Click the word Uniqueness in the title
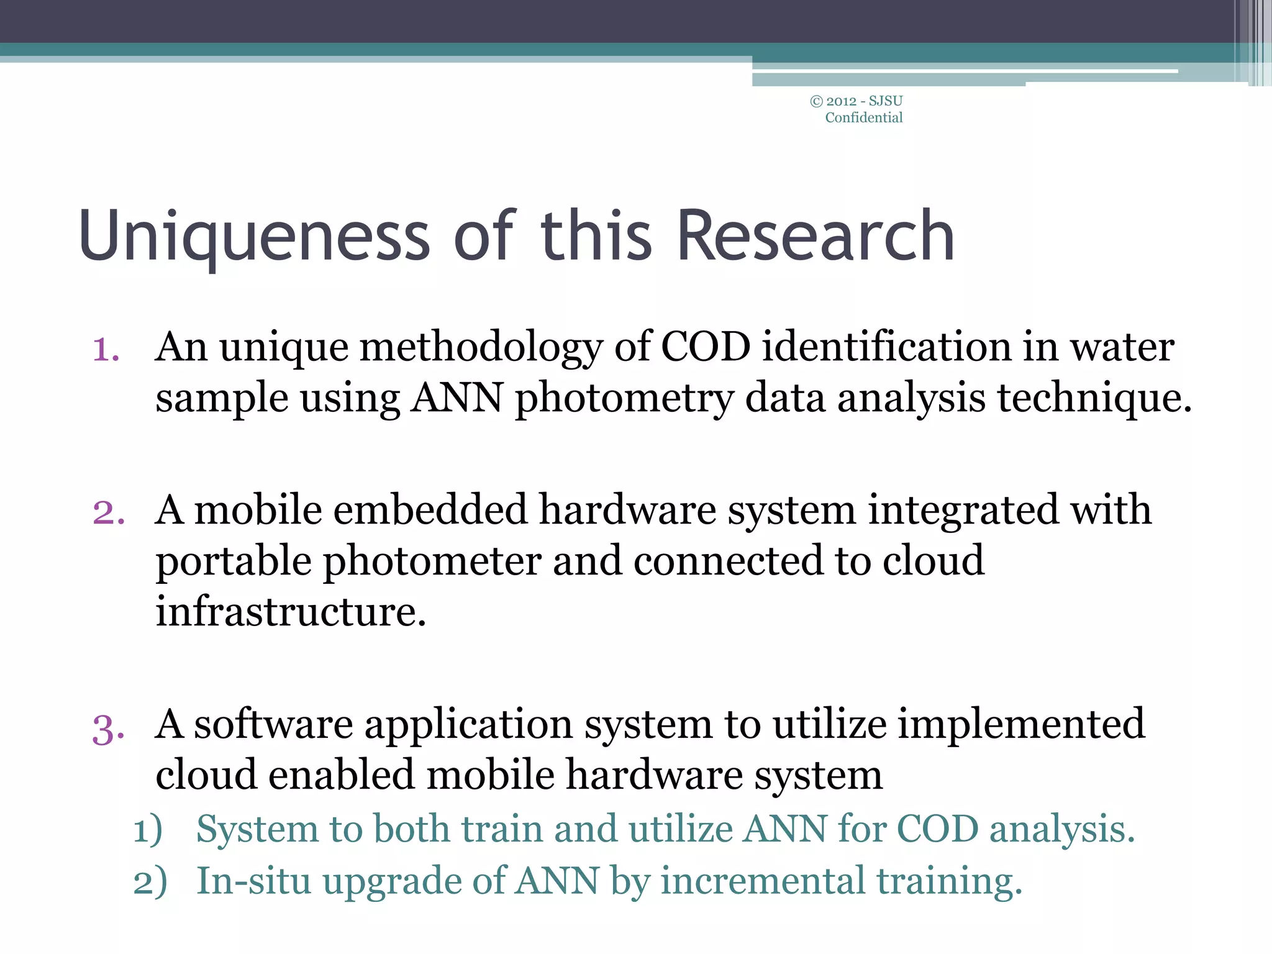(255, 236)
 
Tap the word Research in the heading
(815, 236)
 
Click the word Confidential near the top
(863, 118)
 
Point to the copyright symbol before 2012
(817, 101)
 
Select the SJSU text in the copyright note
(886, 101)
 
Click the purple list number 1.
(106, 349)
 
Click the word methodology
(481, 348)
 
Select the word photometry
(624, 399)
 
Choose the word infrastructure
(291, 612)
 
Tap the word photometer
(432, 561)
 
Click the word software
(273, 724)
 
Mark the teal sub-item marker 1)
(148, 830)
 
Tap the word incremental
(763, 881)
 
